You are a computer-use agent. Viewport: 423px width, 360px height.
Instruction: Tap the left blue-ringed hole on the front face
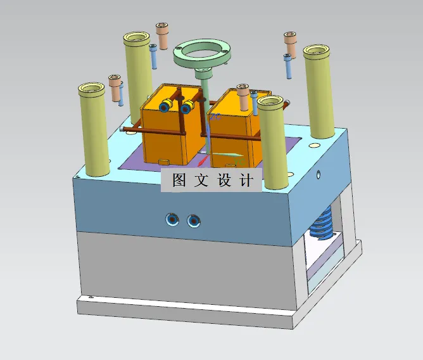click(x=172, y=220)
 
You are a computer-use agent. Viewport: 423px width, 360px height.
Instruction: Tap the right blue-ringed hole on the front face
click(x=193, y=221)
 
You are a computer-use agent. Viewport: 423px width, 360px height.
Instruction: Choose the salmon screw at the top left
click(x=163, y=35)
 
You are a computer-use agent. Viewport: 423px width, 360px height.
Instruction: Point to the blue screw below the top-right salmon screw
click(x=288, y=66)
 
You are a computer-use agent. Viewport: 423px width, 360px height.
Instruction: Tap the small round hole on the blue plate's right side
click(x=318, y=172)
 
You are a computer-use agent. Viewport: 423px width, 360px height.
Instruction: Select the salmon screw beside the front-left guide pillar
click(x=115, y=87)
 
